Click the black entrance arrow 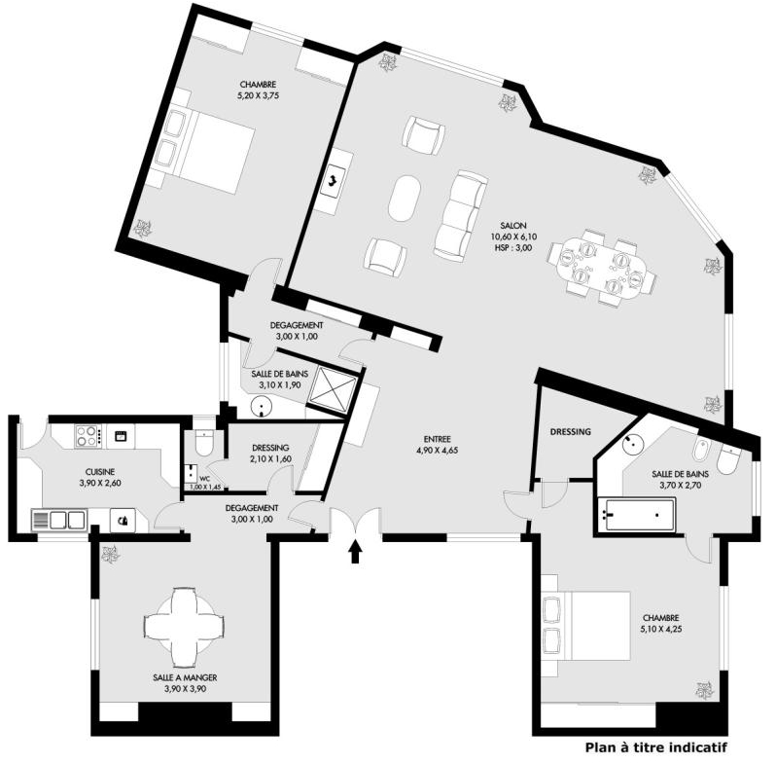(355, 552)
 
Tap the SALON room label (513, 226)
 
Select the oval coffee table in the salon (405, 199)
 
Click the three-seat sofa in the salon (460, 216)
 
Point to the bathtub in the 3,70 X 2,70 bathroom (636, 515)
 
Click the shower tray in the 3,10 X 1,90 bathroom (334, 390)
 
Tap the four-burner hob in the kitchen (88, 436)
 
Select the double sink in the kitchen (59, 521)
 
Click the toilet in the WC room (204, 441)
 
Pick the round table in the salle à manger (184, 627)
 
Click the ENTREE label (437, 439)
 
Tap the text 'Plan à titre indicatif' (656, 746)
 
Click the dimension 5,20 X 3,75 (258, 95)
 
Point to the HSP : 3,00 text (513, 248)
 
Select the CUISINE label (100, 472)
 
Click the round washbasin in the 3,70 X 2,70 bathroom (633, 445)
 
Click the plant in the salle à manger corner (109, 554)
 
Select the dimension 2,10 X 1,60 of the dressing (270, 458)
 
